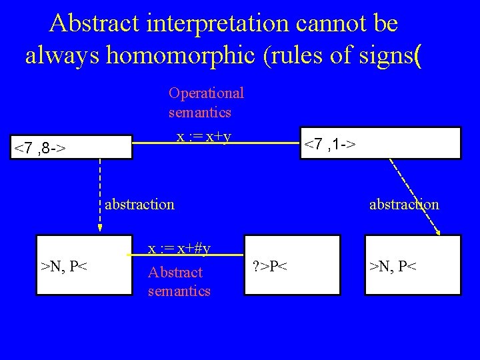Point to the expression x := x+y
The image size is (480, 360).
pos(203,137)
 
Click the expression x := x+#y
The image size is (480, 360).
pos(179,248)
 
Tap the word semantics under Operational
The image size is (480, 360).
pos(199,112)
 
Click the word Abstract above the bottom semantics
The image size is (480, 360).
pos(175,272)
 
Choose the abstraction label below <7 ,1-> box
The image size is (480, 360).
pos(404,204)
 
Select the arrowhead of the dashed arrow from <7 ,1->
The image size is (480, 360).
pos(438,231)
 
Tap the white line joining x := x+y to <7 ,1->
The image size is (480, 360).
pos(267,143)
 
